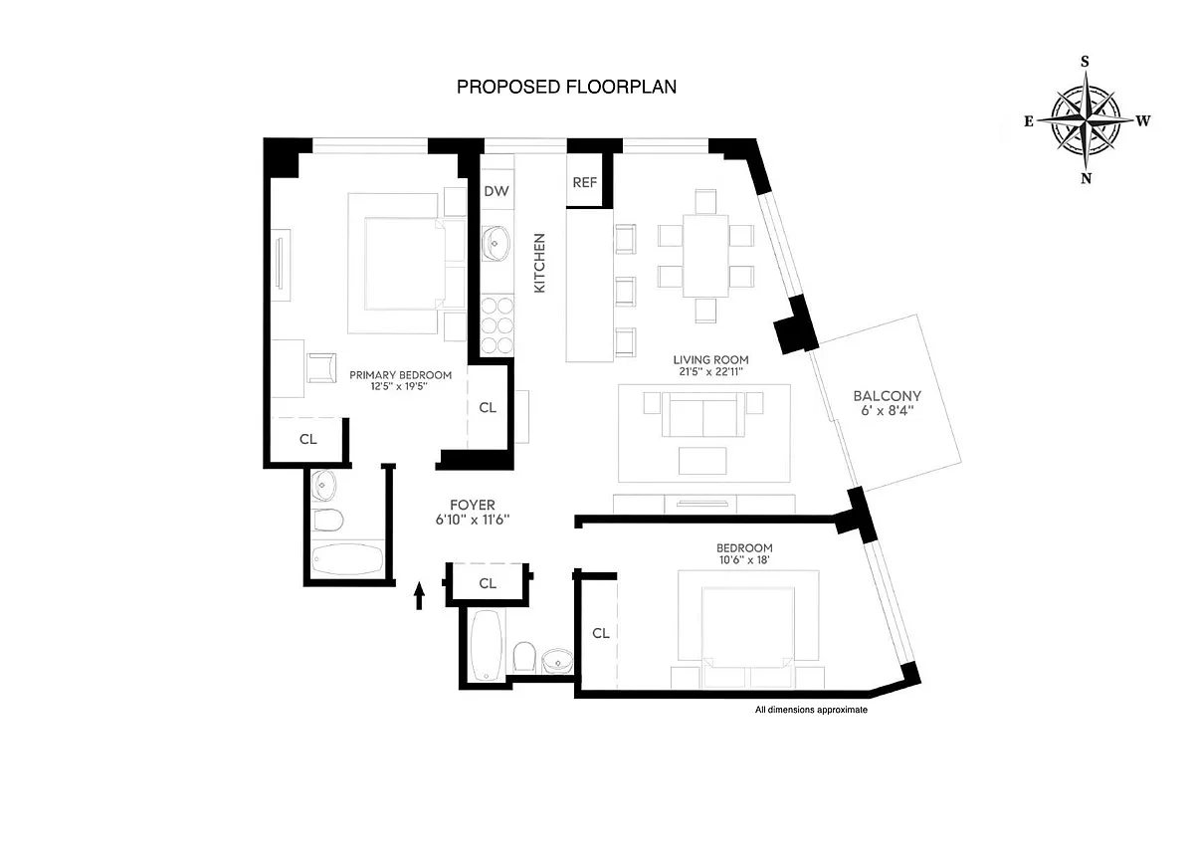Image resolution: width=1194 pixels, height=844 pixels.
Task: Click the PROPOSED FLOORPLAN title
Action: tap(566, 87)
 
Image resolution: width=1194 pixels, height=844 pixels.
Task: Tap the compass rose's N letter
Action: tap(1086, 178)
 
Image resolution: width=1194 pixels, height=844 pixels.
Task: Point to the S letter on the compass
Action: tap(1085, 62)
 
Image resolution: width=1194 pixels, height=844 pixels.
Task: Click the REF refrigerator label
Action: tap(585, 182)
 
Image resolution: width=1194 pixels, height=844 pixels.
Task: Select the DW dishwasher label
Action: tap(497, 191)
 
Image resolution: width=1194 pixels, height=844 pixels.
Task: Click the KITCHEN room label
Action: tap(539, 263)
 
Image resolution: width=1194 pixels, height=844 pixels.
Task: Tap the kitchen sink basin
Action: tap(496, 244)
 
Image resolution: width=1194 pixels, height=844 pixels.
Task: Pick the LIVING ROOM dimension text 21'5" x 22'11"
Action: tap(710, 371)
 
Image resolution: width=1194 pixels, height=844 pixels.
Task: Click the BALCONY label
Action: tap(887, 396)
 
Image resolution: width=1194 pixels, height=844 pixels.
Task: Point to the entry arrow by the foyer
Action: tap(419, 595)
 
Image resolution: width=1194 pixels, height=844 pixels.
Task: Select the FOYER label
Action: tap(473, 505)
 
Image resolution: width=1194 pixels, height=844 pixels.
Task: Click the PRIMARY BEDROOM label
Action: tap(400, 375)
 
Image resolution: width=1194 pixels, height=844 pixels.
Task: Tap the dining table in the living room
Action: tap(705, 256)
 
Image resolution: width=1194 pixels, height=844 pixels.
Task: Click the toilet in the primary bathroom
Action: tap(327, 520)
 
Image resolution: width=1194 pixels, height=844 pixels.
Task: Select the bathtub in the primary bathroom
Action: tap(347, 559)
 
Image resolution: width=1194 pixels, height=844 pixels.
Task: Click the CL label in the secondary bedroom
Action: tap(601, 633)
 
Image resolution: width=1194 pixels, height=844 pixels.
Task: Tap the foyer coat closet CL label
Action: tap(488, 583)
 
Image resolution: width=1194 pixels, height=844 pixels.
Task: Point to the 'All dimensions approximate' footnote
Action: tap(811, 710)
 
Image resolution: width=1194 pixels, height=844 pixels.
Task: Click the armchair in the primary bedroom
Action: tap(321, 368)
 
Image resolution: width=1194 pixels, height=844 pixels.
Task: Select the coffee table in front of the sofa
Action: tap(702, 461)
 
